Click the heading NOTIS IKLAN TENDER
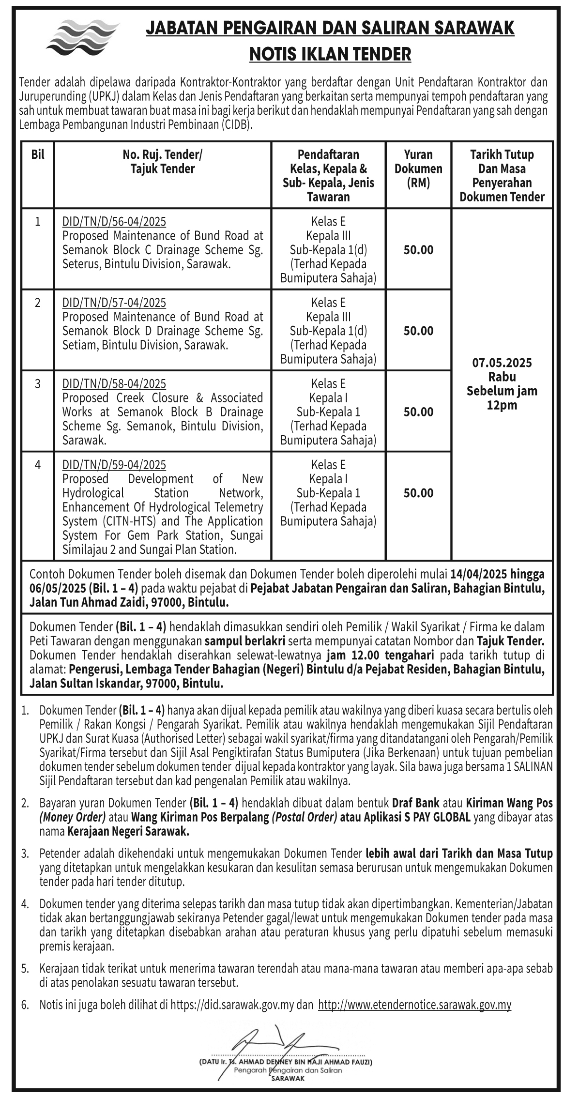(330, 54)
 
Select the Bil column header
(38, 155)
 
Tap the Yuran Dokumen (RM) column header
(418, 168)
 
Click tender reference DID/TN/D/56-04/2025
(114, 222)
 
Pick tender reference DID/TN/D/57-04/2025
(114, 303)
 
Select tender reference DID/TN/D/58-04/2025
(114, 384)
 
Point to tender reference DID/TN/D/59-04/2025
(114, 465)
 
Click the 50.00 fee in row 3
(418, 412)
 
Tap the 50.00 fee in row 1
(418, 250)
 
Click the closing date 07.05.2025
(502, 363)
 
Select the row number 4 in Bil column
(38, 465)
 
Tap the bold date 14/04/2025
(478, 574)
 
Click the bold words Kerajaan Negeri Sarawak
(128, 832)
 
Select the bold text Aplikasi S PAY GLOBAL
(406, 818)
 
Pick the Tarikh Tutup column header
(502, 155)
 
